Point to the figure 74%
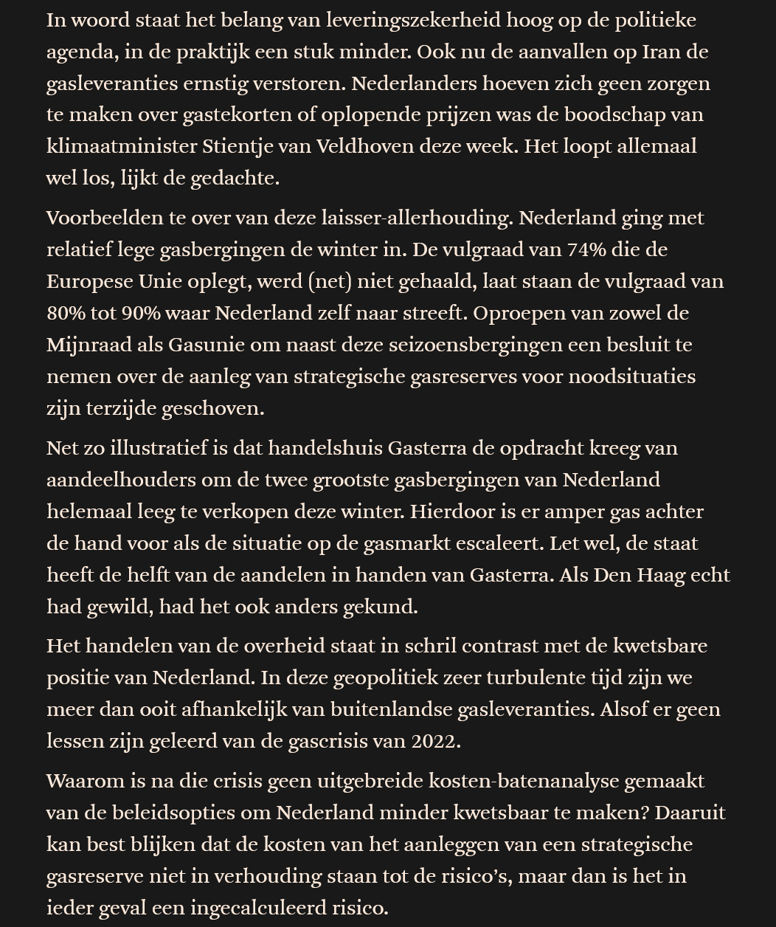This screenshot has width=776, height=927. pyautogui.click(x=587, y=249)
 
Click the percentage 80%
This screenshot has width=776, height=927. pyautogui.click(x=66, y=313)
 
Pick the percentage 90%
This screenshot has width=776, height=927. pyautogui.click(x=141, y=313)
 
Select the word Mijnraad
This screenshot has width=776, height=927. pyautogui.click(x=88, y=345)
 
